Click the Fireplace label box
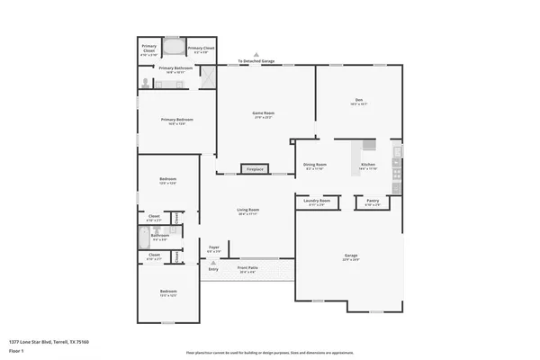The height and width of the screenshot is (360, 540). coord(255,168)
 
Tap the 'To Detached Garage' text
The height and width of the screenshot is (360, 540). coord(256,61)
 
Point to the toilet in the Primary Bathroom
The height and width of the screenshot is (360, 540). coord(146,83)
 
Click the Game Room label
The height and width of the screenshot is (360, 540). coord(262,113)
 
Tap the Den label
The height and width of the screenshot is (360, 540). coord(357,102)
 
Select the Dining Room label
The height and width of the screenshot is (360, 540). coord(314,165)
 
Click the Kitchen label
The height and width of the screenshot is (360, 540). coord(368,165)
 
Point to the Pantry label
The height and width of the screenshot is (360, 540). coord(372,201)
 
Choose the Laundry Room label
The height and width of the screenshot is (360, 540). coord(319,201)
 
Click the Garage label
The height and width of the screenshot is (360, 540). coord(350,256)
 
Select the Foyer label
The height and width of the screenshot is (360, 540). coord(214,247)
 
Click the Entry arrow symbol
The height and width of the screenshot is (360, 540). coord(213,262)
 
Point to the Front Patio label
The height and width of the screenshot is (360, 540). coord(247,267)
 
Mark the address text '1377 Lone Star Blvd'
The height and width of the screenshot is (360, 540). coord(45,342)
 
